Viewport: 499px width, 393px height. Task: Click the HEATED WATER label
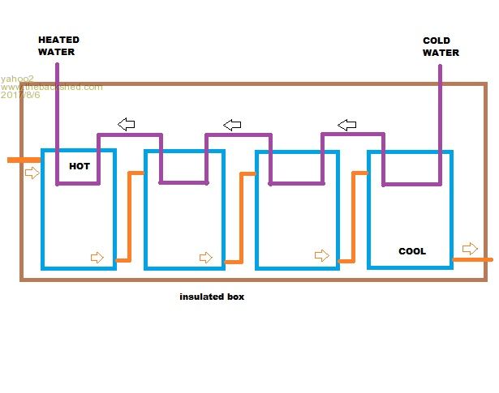pos(58,45)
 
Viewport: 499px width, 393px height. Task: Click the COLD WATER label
pos(441,46)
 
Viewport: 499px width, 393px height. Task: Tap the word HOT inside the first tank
pos(80,166)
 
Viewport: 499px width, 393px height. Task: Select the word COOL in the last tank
pos(412,251)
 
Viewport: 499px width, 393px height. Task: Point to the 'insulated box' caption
pos(212,297)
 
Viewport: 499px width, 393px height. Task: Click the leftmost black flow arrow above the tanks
pos(126,124)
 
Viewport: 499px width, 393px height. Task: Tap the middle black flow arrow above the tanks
pos(233,124)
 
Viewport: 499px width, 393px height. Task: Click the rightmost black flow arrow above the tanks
pos(347,124)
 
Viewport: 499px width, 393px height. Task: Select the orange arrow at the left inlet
pos(32,173)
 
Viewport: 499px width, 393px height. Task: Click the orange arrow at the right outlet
pos(470,248)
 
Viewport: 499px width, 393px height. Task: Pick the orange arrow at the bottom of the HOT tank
pos(97,258)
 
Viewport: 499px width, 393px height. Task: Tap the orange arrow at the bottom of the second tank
pos(206,258)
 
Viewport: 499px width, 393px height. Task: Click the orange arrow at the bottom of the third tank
pos(322,256)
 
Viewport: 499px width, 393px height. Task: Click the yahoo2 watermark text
pos(17,79)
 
